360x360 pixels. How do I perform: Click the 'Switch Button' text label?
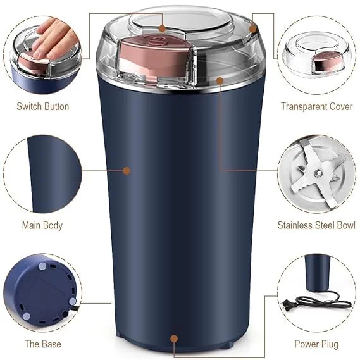pos(42,106)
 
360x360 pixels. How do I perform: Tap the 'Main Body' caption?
pos(42,225)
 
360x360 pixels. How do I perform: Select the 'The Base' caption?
pos(42,344)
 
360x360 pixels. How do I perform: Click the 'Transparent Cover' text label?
pos(316,106)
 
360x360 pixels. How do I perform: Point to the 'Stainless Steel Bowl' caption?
pos(316,225)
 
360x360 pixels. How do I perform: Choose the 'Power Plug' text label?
pos(316,344)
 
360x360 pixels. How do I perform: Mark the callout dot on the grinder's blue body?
pos(127,170)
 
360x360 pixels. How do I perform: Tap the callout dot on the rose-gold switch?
pos(162,28)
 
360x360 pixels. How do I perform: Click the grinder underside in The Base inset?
pos(41,291)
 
